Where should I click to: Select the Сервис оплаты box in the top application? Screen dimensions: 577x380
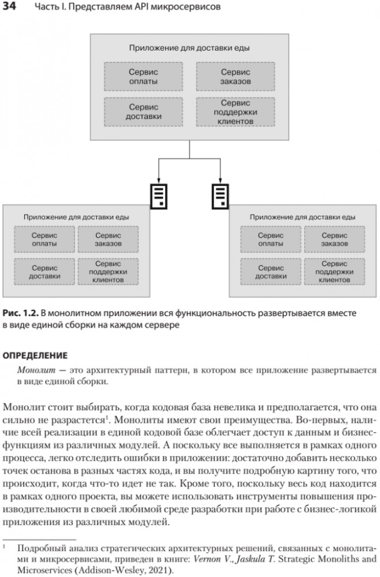point(143,77)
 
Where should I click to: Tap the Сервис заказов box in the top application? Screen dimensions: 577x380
point(235,77)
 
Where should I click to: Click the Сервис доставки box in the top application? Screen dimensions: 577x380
point(143,111)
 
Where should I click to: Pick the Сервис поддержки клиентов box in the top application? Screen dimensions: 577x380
point(235,112)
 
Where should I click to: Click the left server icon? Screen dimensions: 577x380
point(159,196)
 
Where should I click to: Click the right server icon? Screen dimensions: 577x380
point(220,196)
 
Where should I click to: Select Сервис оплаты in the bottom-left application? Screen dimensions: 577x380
point(44,239)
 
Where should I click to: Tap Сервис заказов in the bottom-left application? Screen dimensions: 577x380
point(108,239)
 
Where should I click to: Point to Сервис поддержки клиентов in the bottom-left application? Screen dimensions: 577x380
point(108,272)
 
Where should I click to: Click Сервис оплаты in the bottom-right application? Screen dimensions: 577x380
point(271,239)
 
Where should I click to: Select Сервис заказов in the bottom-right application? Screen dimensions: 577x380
point(334,239)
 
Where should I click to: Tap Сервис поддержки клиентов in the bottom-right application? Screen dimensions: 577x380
point(334,272)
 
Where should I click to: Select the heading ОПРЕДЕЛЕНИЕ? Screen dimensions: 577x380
point(35,355)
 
